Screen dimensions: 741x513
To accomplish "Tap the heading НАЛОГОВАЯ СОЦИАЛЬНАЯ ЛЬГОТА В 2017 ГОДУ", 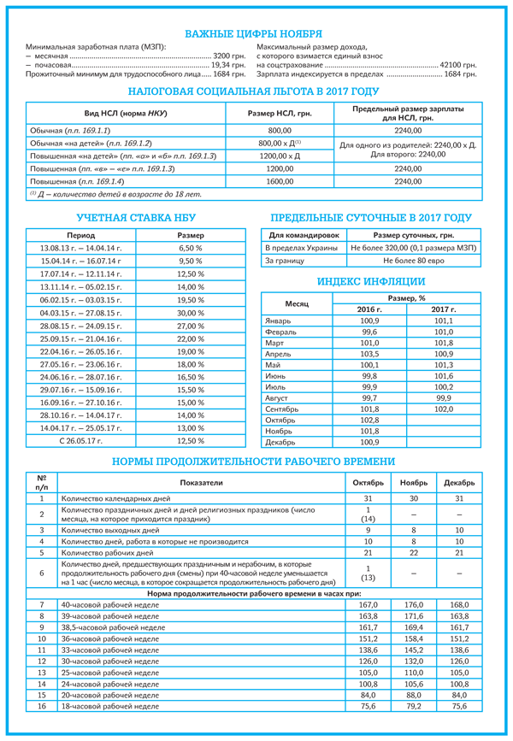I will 253,91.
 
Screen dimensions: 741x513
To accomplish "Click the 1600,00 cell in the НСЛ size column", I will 280,182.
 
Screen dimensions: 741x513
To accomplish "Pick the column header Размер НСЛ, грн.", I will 280,114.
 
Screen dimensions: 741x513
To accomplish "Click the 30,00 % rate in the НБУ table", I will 191,313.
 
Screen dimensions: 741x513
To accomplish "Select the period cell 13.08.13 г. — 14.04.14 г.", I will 80,247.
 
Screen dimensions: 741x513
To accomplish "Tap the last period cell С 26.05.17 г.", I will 80,440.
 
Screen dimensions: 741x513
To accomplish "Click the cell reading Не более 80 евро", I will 414,260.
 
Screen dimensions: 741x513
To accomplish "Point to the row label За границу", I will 282,260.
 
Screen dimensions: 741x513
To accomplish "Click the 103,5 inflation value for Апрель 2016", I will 369,353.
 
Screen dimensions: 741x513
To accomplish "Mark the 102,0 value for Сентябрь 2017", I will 443,409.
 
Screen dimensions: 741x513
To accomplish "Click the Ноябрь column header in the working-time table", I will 413,483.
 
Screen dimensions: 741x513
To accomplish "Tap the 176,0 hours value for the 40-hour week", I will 413,604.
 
